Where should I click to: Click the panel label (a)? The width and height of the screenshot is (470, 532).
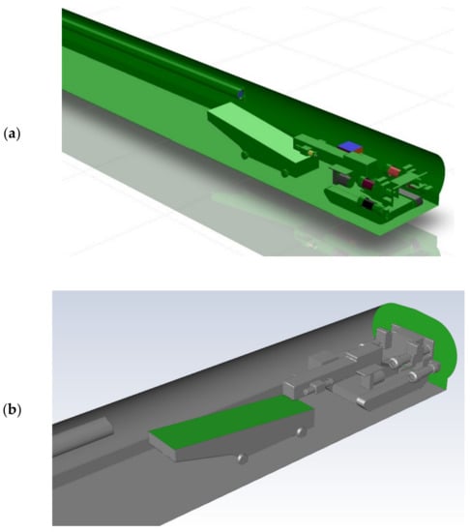point(12,133)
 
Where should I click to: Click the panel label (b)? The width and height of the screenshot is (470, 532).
point(12,410)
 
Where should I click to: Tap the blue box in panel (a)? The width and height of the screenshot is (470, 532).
point(349,146)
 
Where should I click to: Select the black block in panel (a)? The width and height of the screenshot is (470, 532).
point(367,203)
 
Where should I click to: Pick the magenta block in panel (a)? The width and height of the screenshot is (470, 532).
point(368,184)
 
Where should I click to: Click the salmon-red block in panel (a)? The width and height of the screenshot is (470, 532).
point(395,170)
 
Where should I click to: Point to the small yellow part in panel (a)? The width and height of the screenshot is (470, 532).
point(310,154)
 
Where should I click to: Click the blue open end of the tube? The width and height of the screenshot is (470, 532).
point(241,94)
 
